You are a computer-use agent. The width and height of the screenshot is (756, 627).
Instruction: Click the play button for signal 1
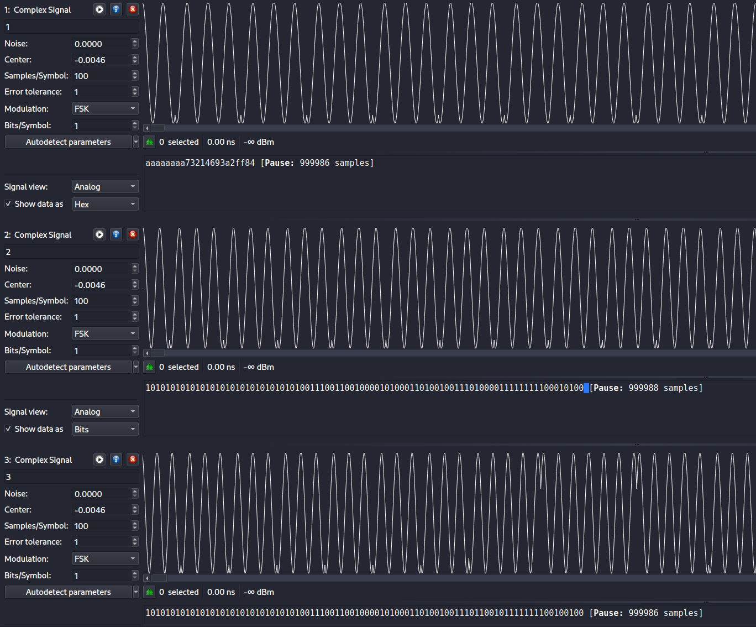[99, 9]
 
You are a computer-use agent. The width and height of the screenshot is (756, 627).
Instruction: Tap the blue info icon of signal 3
[116, 459]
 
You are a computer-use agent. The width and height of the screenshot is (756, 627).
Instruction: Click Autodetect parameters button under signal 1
[69, 142]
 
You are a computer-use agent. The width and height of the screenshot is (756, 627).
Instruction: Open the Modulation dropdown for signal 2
[105, 333]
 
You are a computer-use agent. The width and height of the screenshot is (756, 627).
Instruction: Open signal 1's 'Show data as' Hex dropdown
[105, 204]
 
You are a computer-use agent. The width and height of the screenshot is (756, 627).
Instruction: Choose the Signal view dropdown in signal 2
[105, 412]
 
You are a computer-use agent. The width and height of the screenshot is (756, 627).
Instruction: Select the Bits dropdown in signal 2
[105, 429]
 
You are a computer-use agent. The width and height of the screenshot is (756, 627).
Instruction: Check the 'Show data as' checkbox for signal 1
[8, 204]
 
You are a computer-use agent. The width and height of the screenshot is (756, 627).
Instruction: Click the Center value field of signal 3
[102, 510]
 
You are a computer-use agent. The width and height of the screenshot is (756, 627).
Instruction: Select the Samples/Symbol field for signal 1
[102, 76]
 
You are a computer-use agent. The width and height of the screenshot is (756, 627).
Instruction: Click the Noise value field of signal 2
[102, 269]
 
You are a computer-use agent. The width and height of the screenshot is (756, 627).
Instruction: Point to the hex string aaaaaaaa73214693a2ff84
[200, 163]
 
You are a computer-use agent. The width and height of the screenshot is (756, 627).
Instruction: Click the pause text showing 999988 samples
[646, 388]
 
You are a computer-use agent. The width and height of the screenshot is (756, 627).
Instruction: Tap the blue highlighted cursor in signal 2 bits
[586, 388]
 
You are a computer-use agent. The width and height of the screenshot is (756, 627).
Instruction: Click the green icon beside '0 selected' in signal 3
[150, 592]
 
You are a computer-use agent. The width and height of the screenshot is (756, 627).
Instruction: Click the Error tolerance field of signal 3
[102, 542]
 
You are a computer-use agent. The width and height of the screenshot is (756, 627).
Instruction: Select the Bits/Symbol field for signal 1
[102, 126]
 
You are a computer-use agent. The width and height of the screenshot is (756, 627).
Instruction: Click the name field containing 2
[71, 252]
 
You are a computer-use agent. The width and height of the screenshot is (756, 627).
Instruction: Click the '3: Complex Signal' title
[38, 460]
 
